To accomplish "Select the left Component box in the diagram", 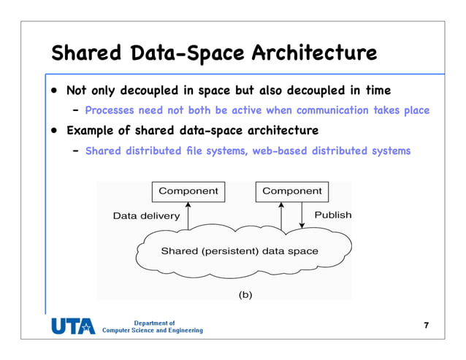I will [x=188, y=191].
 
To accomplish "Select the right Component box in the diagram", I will [x=291, y=191].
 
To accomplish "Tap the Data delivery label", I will [x=146, y=216].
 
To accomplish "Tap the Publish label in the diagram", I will [x=332, y=215].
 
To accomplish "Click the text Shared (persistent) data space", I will [x=239, y=251].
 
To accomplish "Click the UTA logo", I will [x=72, y=326].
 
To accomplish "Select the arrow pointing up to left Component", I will [x=188, y=216].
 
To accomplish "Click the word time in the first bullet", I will [x=376, y=91].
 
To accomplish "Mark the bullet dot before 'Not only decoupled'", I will [x=54, y=91].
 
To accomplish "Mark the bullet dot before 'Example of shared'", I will [x=54, y=132].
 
